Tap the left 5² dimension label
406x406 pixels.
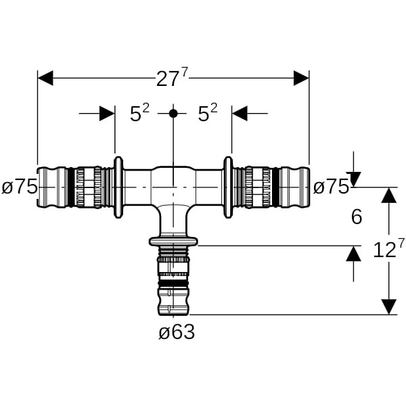point(139,114)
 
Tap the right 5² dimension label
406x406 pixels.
point(208,114)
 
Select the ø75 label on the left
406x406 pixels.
point(19,187)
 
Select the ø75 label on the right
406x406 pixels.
point(331,187)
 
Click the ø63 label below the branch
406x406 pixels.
point(177,332)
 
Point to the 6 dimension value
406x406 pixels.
point(357,217)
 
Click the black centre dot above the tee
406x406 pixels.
point(173,114)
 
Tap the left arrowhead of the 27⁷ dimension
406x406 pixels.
point(45,78)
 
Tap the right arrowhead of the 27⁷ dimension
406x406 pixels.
point(301,78)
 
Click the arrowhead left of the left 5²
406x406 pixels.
point(107,114)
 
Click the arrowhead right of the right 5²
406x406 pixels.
point(240,114)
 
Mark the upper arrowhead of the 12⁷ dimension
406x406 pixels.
point(388,195)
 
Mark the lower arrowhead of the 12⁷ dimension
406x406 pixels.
point(388,307)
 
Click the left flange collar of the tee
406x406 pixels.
point(118,187)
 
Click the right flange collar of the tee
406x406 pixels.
point(228,187)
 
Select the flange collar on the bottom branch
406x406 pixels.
point(173,242)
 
